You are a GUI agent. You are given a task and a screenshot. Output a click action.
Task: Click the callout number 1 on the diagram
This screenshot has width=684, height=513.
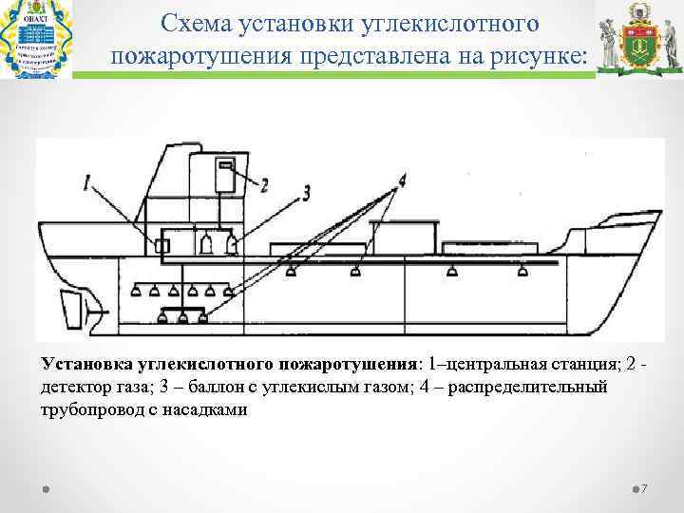pos(87,180)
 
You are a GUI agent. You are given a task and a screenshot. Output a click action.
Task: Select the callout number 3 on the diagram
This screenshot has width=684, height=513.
pos(305,193)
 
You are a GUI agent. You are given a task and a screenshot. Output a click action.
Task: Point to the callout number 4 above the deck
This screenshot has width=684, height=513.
pos(402,179)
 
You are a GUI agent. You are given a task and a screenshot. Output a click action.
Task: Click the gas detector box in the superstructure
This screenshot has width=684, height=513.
pos(225,176)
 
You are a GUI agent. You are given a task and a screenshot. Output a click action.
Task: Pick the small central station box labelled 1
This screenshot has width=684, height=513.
pos(161,246)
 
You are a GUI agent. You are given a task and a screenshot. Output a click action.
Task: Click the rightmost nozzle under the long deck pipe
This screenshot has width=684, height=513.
pos(522,273)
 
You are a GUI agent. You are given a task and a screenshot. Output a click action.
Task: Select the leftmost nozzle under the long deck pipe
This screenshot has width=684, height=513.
pos(292,273)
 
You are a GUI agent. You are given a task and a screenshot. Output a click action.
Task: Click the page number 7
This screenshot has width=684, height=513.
pos(644,489)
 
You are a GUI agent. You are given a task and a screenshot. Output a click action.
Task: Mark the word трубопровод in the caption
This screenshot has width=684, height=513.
pos(88,411)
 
